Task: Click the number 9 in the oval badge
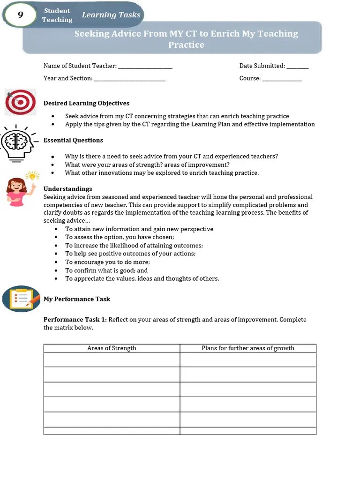[x=20, y=15]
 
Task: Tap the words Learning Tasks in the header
[x=111, y=15]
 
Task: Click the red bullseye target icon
[x=20, y=102]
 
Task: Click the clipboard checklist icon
[x=21, y=299]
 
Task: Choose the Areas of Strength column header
[x=112, y=348]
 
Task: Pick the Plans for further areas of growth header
[x=248, y=348]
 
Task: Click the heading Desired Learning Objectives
[x=86, y=103]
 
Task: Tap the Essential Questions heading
[x=73, y=140]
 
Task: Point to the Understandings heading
[x=67, y=189]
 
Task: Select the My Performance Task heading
[x=77, y=299]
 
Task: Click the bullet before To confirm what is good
[x=56, y=270]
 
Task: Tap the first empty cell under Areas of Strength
[x=112, y=360]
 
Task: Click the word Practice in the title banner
[x=186, y=45]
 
